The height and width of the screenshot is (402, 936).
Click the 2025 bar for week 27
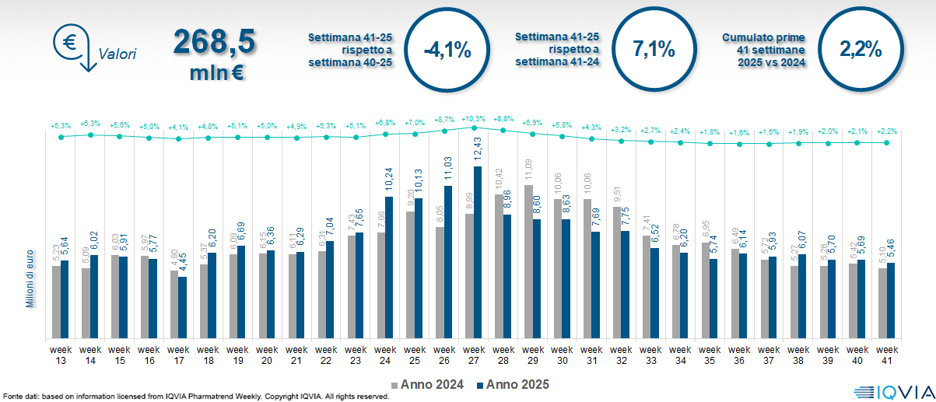click(x=477, y=253)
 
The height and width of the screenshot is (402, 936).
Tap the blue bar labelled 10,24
click(x=388, y=267)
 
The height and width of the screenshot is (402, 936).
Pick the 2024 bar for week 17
click(x=174, y=305)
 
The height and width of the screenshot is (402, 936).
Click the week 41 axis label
click(x=889, y=354)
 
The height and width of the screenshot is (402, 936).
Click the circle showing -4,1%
click(x=447, y=51)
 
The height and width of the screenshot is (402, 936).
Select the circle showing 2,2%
click(x=861, y=51)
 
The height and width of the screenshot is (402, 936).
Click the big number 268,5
click(x=214, y=43)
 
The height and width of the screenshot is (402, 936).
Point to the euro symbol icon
click(x=69, y=42)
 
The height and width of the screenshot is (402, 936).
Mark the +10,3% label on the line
click(x=473, y=118)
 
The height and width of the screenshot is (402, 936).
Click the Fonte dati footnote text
click(x=195, y=397)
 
